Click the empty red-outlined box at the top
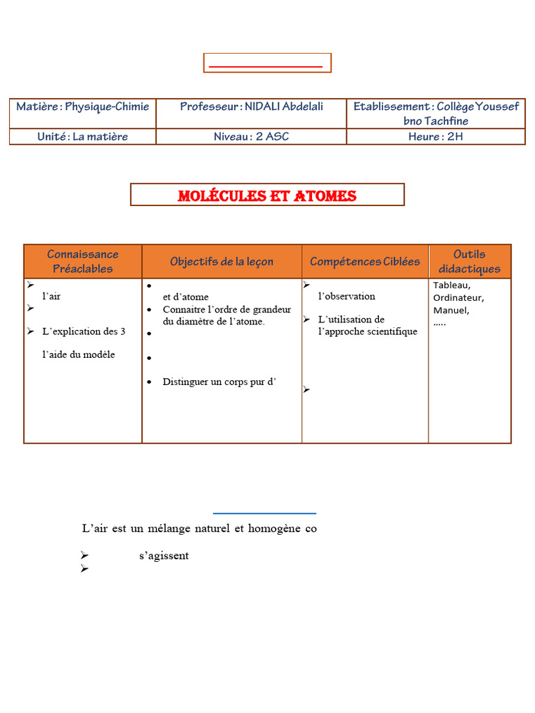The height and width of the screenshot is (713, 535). pyautogui.click(x=267, y=63)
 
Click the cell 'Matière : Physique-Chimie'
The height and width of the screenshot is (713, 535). pyautogui.click(x=83, y=107)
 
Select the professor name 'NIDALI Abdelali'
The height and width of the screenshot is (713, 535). pyautogui.click(x=284, y=107)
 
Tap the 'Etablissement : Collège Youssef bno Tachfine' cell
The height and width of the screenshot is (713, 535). pyautogui.click(x=435, y=113)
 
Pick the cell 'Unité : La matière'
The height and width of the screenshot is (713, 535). pyautogui.click(x=83, y=136)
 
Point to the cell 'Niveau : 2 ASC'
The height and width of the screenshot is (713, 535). pyautogui.click(x=251, y=136)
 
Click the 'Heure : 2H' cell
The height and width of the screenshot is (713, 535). pyautogui.click(x=435, y=136)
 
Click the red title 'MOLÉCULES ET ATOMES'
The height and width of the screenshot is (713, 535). pyautogui.click(x=267, y=196)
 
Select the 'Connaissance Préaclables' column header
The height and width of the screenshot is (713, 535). pyautogui.click(x=83, y=261)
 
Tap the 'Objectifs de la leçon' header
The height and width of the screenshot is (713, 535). pyautogui.click(x=222, y=262)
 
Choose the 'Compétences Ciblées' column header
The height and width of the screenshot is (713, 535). pyautogui.click(x=365, y=262)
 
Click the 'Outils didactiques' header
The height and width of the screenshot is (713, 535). pyautogui.click(x=470, y=261)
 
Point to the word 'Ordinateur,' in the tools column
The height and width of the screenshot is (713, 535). pyautogui.click(x=458, y=298)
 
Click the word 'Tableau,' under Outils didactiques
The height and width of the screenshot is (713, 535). pyautogui.click(x=452, y=285)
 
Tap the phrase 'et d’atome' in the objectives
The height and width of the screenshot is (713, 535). pyautogui.click(x=185, y=297)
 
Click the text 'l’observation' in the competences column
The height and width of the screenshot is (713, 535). pyautogui.click(x=346, y=296)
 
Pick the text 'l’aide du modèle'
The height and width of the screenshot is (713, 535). pyautogui.click(x=79, y=354)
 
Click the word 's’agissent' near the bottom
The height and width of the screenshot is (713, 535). pyautogui.click(x=164, y=556)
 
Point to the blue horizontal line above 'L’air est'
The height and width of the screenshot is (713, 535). pyautogui.click(x=264, y=514)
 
